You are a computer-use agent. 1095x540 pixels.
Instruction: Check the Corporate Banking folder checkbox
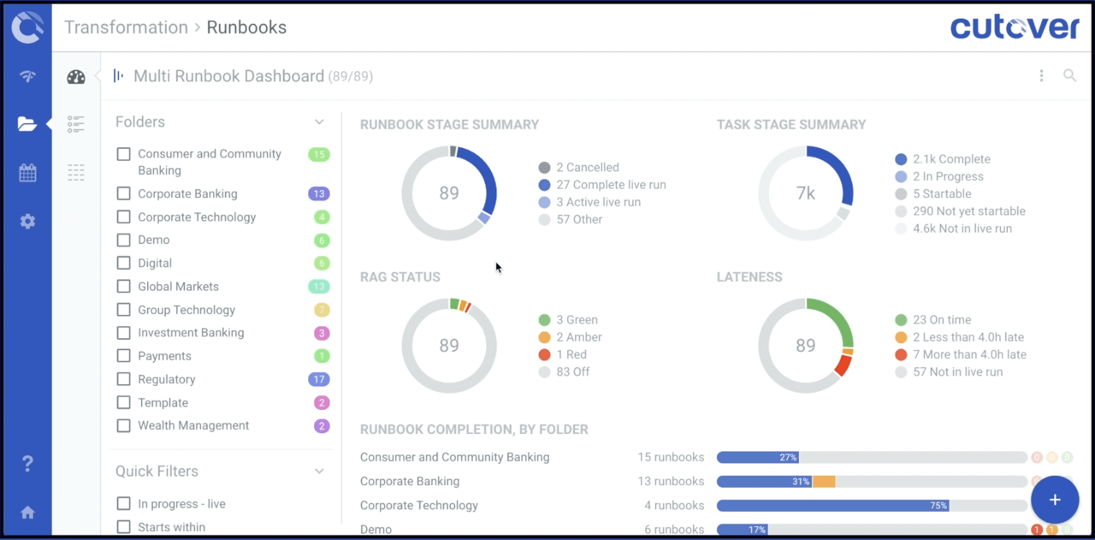click(124, 194)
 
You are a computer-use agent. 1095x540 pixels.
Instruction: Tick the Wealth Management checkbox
click(124, 425)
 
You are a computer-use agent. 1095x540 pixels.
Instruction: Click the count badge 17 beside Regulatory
click(318, 379)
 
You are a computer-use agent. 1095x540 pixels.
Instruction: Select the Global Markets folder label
click(178, 287)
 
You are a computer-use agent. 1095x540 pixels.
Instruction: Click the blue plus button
click(1054, 500)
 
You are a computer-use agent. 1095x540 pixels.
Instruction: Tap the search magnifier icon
click(1069, 75)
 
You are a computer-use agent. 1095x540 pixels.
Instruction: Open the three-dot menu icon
click(1041, 75)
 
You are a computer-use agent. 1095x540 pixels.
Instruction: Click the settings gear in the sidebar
click(27, 222)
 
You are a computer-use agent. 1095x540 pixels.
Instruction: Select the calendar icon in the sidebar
click(27, 173)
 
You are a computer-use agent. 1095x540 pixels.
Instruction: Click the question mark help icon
click(27, 464)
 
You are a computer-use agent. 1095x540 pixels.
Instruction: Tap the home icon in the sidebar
click(27, 513)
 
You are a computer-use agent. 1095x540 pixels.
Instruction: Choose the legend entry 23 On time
click(941, 320)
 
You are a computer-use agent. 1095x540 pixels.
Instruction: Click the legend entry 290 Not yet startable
click(968, 211)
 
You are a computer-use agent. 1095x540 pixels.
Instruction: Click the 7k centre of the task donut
click(806, 193)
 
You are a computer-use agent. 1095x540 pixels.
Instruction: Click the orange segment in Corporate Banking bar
click(823, 482)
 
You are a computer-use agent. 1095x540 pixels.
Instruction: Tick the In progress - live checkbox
click(124, 504)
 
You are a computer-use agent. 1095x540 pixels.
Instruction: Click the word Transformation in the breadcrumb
click(126, 27)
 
